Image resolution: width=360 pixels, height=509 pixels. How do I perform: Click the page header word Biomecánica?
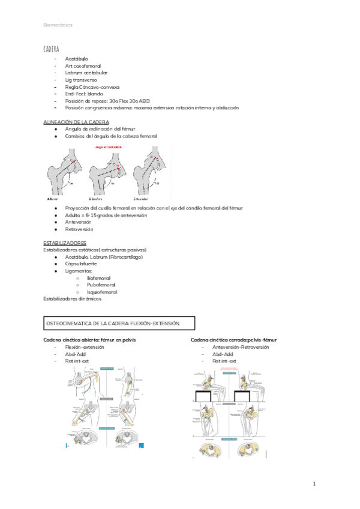coord(58,25)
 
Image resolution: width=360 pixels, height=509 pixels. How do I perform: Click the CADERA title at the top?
coord(51,48)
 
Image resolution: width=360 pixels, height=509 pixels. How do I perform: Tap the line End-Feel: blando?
coord(84,94)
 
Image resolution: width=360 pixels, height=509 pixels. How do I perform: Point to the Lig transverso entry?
coord(81,80)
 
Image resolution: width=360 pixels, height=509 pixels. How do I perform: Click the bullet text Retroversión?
coord(79,229)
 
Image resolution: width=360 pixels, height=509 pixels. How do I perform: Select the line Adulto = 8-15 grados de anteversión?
coord(106,215)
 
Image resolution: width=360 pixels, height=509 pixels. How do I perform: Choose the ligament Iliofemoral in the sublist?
coord(99,278)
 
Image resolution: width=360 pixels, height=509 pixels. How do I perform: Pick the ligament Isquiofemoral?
coord(102,292)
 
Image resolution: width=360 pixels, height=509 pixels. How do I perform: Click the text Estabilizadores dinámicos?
coord(73,298)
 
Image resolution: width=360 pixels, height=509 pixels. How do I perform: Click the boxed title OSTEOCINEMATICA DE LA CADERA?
coord(113,324)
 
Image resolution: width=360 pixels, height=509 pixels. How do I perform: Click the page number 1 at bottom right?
coord(314,484)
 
